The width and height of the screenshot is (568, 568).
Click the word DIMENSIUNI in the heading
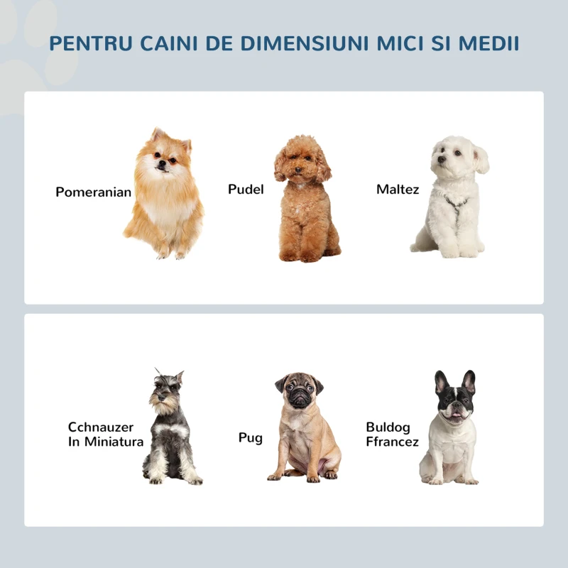(x=300, y=43)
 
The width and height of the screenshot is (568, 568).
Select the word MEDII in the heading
(x=488, y=43)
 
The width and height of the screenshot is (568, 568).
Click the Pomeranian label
(x=93, y=192)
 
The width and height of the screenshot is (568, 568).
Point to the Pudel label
(x=246, y=189)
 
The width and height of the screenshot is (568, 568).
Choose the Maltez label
(x=398, y=189)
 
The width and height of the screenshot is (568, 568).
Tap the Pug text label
(x=250, y=437)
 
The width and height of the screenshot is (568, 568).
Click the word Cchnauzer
(x=101, y=427)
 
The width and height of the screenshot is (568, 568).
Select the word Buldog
(x=388, y=427)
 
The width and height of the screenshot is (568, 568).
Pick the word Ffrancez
(x=392, y=442)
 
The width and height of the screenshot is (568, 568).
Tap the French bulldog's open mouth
(x=455, y=415)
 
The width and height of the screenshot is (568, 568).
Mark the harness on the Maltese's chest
(x=454, y=204)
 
